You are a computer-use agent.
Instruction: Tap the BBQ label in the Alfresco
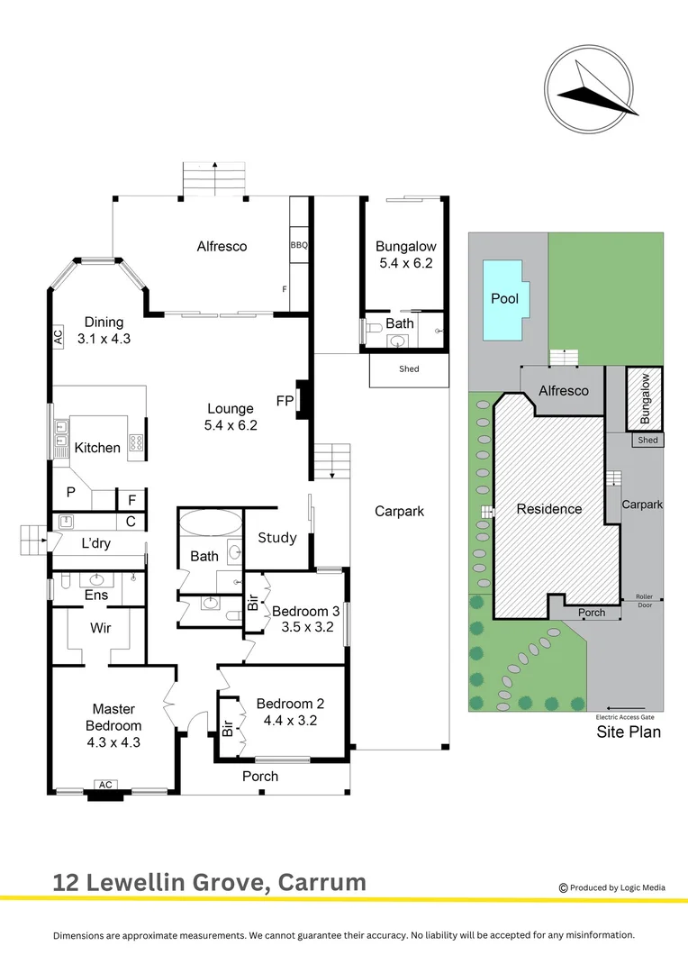pos(299,245)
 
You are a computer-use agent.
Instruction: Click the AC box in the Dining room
pos(58,337)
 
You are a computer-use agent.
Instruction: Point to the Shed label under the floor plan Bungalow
pos(409,369)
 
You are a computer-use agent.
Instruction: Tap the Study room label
pos(277,538)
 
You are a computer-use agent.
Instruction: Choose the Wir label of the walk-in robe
pos(101,627)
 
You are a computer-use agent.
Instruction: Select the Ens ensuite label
pos(95,596)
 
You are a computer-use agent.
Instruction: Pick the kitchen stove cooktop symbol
pos(137,442)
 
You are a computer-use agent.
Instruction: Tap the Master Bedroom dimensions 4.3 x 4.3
pos(113,742)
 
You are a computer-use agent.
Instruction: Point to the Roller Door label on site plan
pos(644,600)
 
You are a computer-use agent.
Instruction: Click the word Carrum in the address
pos(323,882)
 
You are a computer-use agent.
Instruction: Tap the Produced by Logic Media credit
pos(612,887)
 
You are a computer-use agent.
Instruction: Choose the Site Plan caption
pos(629,732)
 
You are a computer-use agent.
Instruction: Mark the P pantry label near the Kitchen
pos(70,493)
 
